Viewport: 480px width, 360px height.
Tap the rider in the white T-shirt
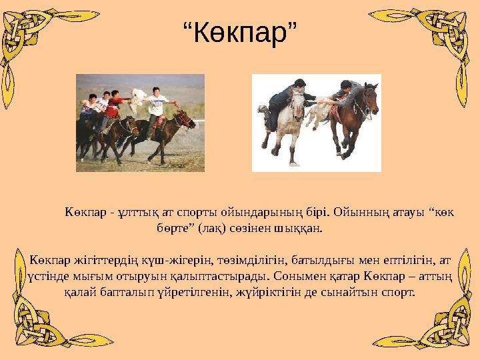pos(157,105)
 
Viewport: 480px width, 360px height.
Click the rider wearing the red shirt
pos(117,105)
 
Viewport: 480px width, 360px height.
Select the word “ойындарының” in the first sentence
pos(262,213)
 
